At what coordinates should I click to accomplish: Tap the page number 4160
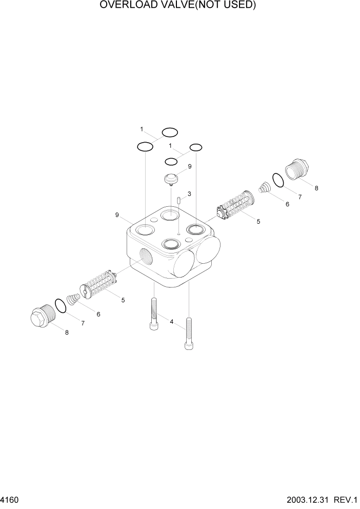[10, 499]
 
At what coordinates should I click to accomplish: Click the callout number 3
[189, 194]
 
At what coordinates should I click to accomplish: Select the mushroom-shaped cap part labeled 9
[171, 179]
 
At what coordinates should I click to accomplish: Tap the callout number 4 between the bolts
[172, 322]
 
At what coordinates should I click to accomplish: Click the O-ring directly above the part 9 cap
[171, 162]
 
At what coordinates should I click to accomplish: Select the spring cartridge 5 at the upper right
[234, 207]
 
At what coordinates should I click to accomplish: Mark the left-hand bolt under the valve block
[154, 314]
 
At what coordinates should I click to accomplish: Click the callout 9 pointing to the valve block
[117, 215]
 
